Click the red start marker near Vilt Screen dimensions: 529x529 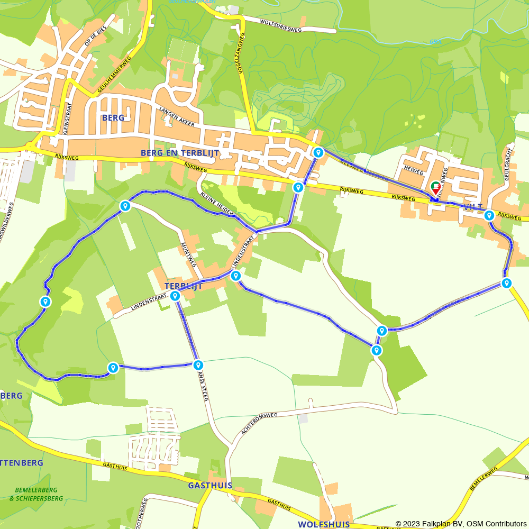pyautogui.click(x=435, y=188)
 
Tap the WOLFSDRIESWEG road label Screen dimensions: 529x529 pyautogui.click(x=280, y=26)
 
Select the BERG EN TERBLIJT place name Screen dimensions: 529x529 pyautogui.click(x=179, y=152)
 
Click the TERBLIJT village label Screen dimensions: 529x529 pyautogui.click(x=184, y=285)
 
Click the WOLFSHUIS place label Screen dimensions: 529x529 pyautogui.click(x=324, y=524)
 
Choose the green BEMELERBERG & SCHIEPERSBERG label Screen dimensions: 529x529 pyautogui.click(x=36, y=494)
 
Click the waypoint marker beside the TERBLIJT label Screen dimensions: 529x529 pyautogui.click(x=175, y=296)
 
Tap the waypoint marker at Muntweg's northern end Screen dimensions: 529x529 pyautogui.click(x=125, y=206)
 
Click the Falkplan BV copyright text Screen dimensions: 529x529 pyautogui.click(x=461, y=524)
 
